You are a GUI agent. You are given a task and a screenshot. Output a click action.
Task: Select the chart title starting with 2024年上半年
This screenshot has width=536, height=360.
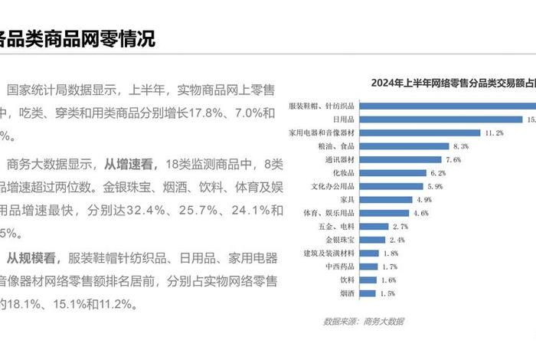pyautogui.click(x=452, y=83)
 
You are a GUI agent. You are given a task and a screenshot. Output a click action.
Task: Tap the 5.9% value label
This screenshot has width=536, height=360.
pyautogui.click(x=435, y=186)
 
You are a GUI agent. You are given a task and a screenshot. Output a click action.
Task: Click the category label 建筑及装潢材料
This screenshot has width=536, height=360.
pyautogui.click(x=329, y=253)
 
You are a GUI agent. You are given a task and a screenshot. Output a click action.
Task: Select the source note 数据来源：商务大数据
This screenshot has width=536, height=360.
pyautogui.click(x=363, y=320)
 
